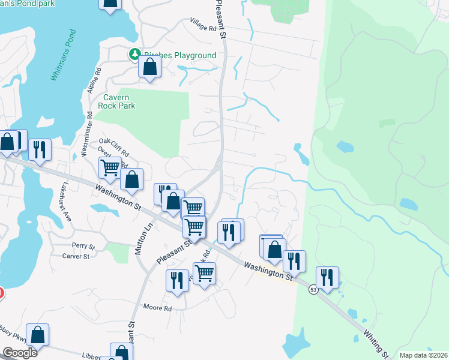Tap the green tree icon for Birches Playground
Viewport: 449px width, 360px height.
click(136, 55)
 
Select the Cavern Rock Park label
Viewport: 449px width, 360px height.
click(119, 101)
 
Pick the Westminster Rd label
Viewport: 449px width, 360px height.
click(84, 137)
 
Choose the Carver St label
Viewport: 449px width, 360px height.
click(76, 256)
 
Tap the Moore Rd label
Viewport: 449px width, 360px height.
click(157, 308)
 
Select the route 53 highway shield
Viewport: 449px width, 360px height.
click(313, 289)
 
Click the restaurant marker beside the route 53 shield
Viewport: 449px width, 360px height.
click(328, 277)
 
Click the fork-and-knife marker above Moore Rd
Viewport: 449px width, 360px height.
click(177, 280)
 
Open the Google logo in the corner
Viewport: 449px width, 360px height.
click(20, 353)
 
